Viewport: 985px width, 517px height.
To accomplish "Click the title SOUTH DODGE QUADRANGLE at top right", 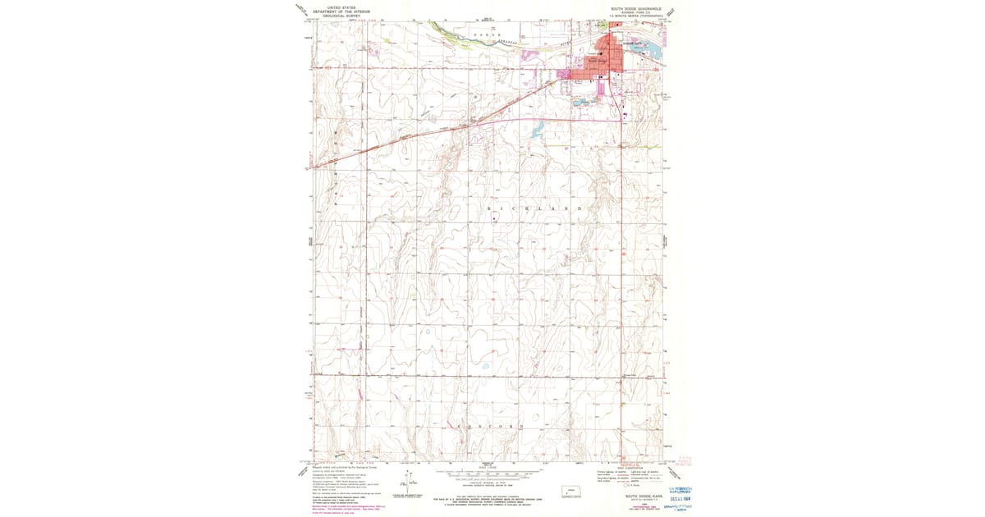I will coord(631,8).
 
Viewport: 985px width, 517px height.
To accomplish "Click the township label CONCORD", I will coord(488,428).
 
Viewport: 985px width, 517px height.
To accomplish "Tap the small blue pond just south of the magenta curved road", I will coord(538,130).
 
